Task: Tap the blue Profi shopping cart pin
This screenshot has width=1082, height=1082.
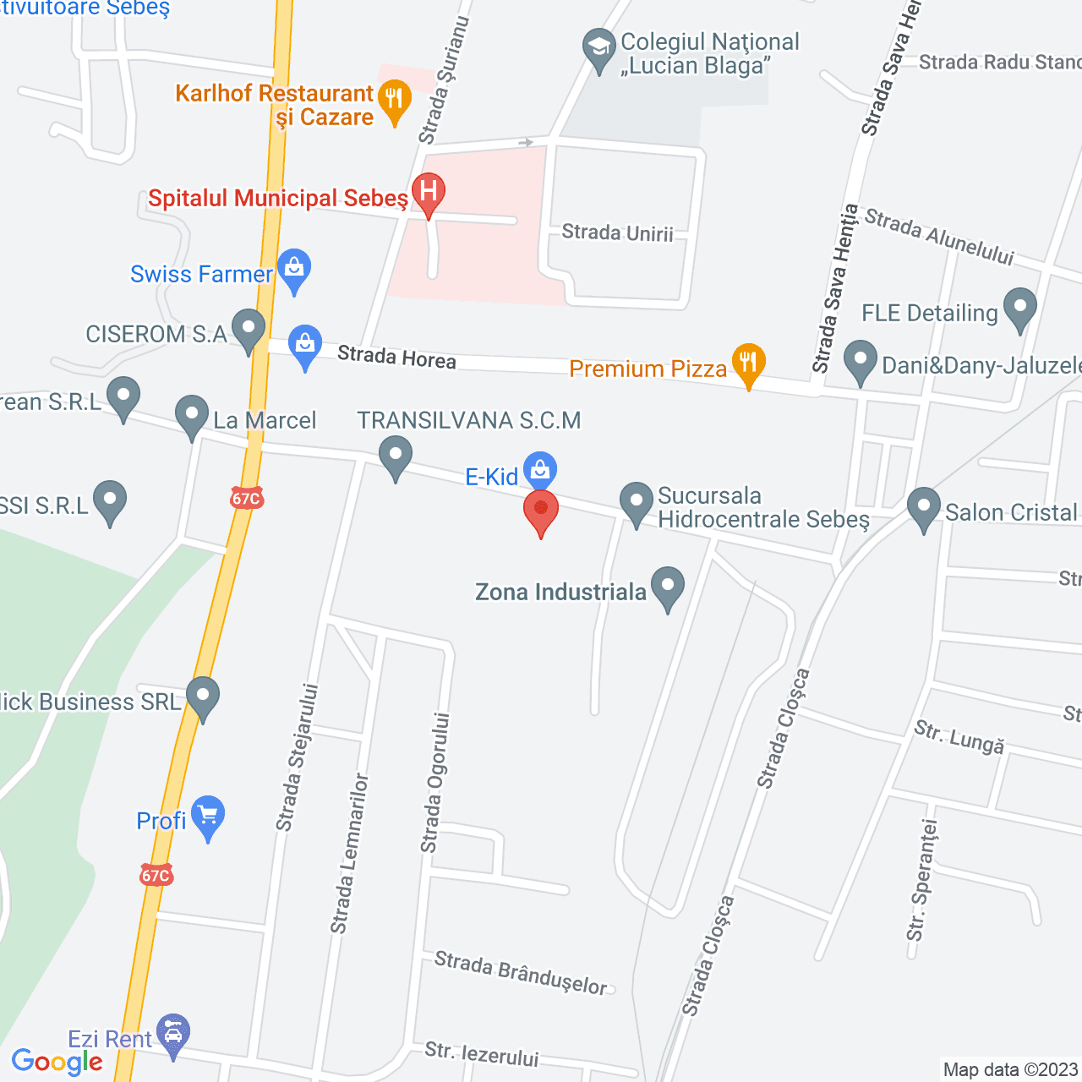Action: tap(208, 817)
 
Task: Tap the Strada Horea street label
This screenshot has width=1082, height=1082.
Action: tap(396, 358)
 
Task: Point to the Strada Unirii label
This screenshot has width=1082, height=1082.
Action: tap(617, 232)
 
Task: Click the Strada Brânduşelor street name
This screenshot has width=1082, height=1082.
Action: tap(521, 973)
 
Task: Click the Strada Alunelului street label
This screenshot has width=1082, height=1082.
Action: tap(938, 238)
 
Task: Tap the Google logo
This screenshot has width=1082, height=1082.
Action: tap(57, 1062)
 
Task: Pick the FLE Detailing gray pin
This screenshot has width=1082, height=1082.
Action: tap(1019, 309)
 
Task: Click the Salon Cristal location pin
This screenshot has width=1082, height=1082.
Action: tap(923, 508)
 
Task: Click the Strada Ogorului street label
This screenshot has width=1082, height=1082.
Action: tap(434, 782)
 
